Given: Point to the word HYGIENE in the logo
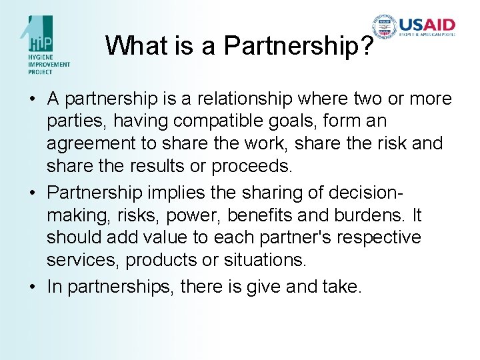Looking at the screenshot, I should click(41, 58).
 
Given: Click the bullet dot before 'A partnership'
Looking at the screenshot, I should click(32, 99).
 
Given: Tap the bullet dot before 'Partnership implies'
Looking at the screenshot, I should click(32, 193).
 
